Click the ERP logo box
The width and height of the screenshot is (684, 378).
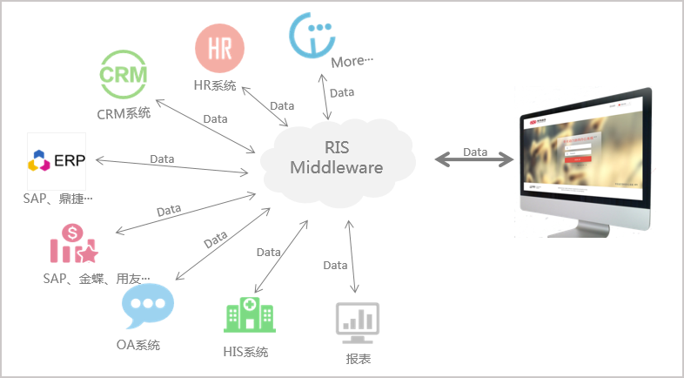click(x=57, y=161)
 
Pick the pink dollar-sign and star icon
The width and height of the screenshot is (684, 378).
click(x=73, y=243)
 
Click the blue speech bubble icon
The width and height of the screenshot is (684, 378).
click(x=147, y=306)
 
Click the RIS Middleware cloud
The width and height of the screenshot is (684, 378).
click(x=337, y=158)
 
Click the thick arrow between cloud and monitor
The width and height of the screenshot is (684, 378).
click(x=474, y=159)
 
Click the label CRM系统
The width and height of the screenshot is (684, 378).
click(x=124, y=112)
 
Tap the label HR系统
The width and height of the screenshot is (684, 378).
click(x=215, y=85)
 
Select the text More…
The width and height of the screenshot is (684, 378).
click(x=352, y=62)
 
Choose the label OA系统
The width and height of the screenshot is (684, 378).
click(x=138, y=344)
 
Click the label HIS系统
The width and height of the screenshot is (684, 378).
click(x=245, y=352)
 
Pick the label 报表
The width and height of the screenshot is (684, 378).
click(x=359, y=357)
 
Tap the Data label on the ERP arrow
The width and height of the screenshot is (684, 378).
click(x=162, y=159)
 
